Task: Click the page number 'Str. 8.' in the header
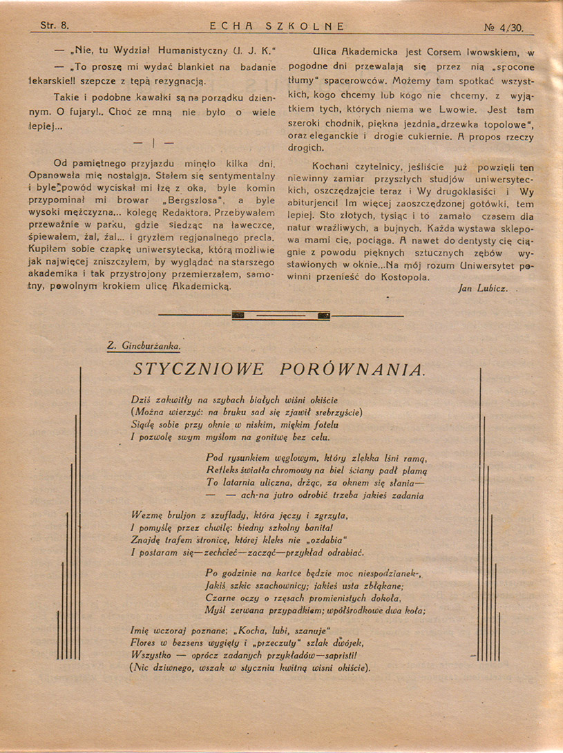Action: tap(55, 27)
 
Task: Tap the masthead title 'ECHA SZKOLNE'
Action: tap(276, 27)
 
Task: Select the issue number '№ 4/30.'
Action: tap(504, 28)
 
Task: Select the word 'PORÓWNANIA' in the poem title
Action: tap(353, 369)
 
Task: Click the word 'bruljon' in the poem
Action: tap(180, 515)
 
